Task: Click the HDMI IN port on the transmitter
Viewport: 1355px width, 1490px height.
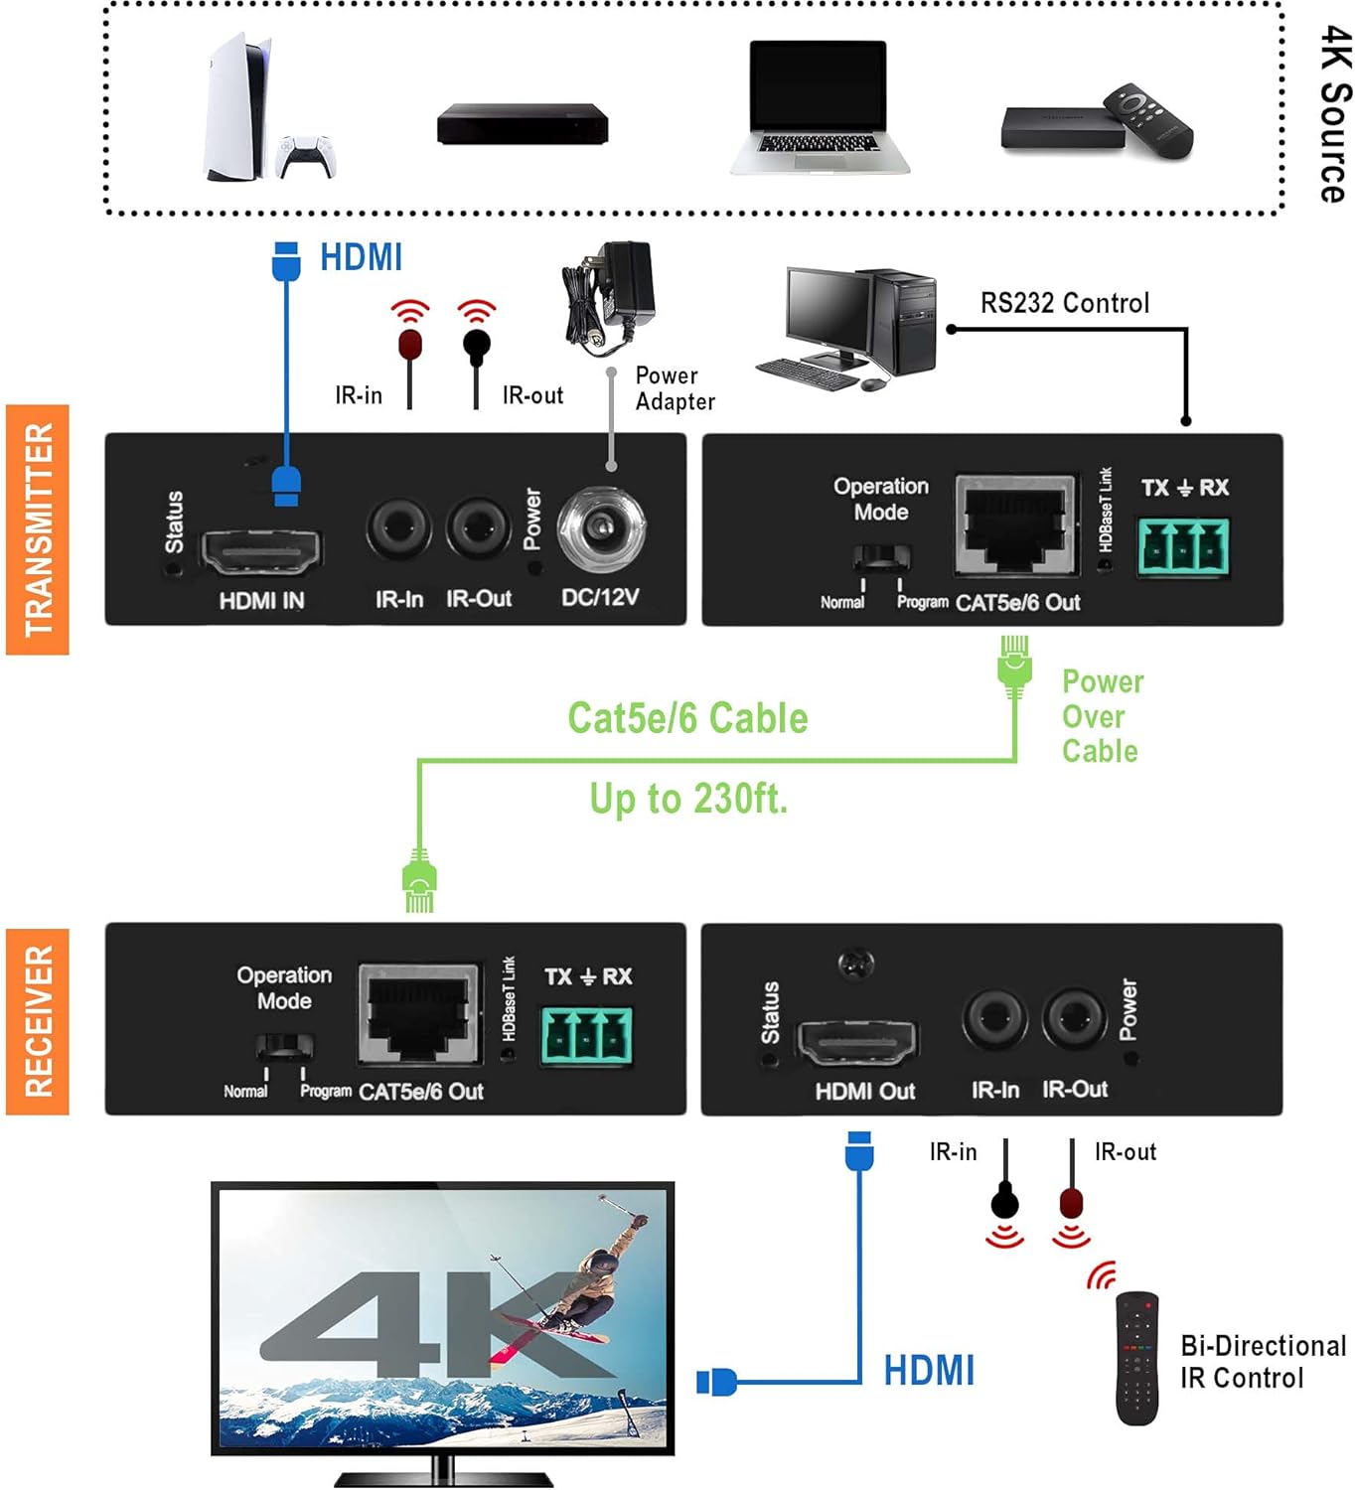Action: pos(261,550)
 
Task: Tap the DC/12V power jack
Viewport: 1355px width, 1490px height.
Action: pos(601,529)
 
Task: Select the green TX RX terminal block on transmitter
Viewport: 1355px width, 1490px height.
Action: pos(1183,546)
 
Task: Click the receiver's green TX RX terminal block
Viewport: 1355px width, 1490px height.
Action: pos(586,1036)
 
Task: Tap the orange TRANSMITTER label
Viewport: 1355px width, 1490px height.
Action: pos(38,529)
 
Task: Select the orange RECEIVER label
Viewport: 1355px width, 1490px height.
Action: pos(38,1021)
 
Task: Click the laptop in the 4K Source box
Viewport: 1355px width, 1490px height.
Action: pos(819,107)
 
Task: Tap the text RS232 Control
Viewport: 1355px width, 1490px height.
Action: pos(1064,303)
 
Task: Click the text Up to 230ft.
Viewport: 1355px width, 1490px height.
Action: pos(688,799)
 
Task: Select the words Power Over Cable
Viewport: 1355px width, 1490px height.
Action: pos(1101,716)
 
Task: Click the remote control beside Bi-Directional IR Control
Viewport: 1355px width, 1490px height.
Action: pos(1136,1358)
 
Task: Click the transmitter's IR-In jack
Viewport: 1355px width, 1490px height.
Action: pos(398,529)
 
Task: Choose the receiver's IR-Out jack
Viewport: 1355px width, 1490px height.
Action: pos(1074,1018)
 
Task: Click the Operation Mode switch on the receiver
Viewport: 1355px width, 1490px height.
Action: pos(284,1047)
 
